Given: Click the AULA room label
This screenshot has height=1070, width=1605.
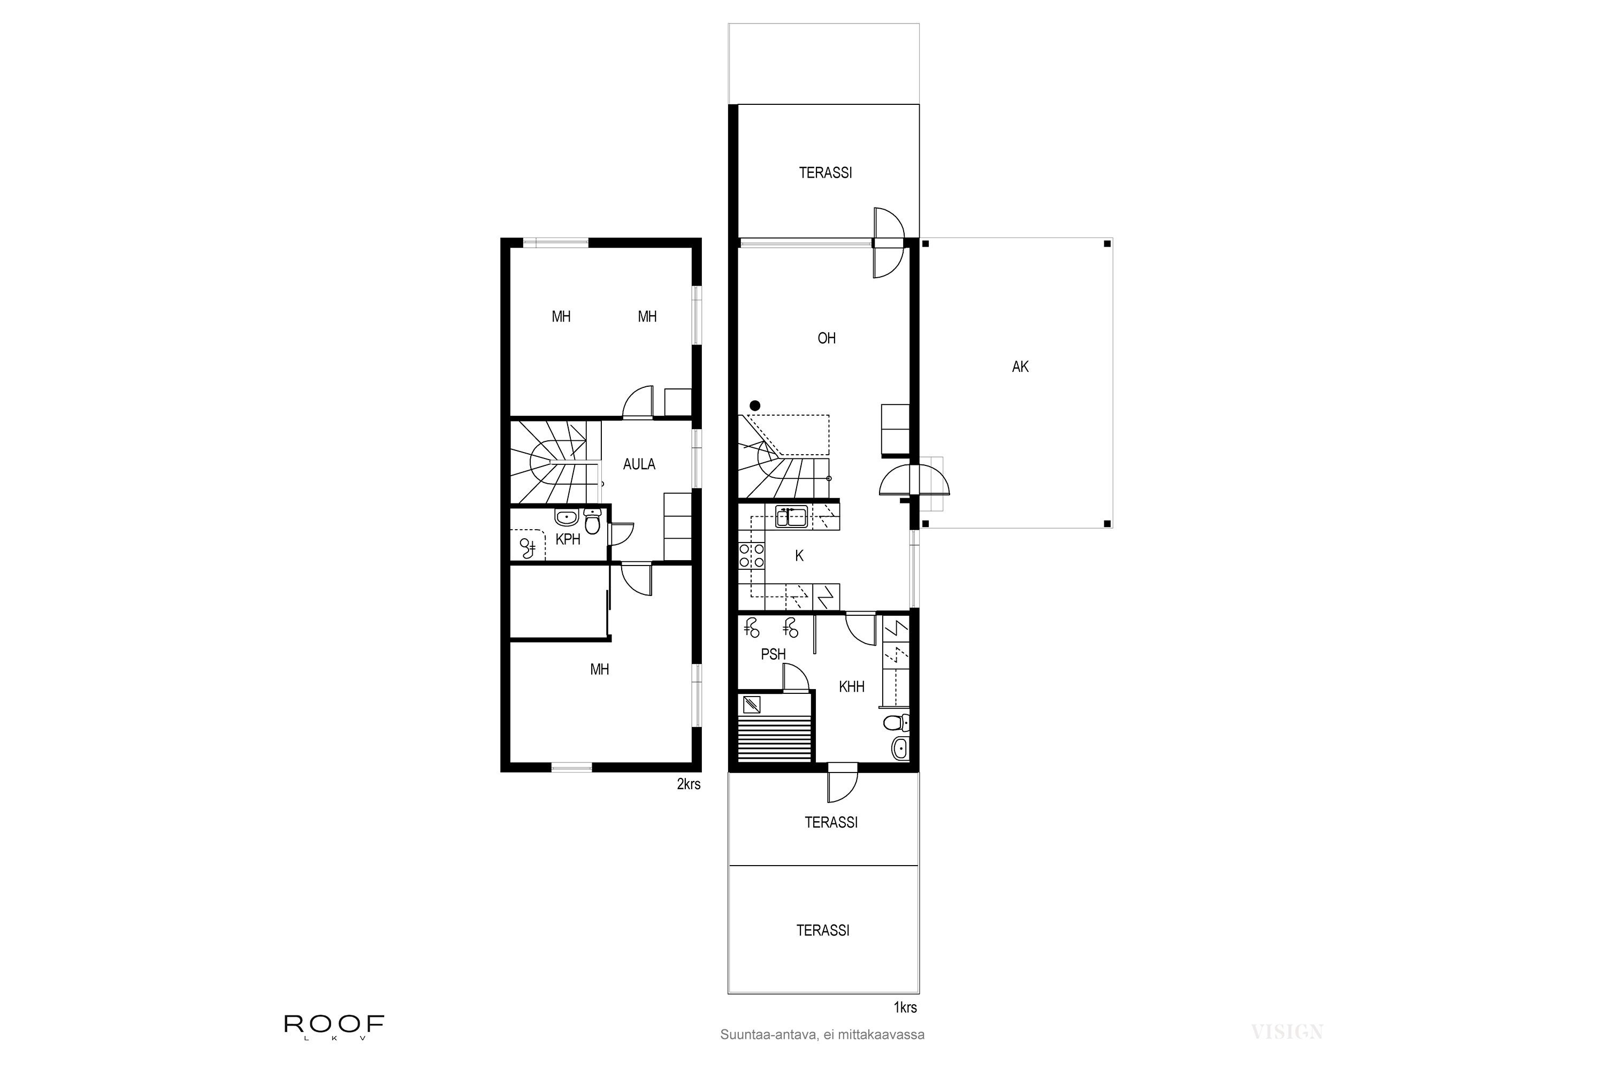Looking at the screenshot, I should [639, 464].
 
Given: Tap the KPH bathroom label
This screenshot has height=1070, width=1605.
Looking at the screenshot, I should [568, 539].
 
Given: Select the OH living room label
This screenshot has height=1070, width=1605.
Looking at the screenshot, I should [827, 338].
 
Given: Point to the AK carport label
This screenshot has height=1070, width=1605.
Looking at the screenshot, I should [1020, 366].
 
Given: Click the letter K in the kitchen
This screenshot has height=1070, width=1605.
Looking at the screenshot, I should [799, 556].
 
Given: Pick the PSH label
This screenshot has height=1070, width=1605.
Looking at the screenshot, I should [773, 654].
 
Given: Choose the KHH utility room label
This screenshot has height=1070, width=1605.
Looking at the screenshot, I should [852, 686].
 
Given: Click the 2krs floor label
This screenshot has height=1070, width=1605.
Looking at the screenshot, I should [689, 784].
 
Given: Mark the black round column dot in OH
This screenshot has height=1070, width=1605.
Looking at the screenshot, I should [755, 406].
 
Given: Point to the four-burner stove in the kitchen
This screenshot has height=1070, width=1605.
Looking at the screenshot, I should [751, 555].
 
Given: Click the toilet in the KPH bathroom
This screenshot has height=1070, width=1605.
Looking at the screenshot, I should [592, 522].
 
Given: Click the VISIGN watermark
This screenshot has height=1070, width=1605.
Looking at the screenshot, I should [1287, 1032].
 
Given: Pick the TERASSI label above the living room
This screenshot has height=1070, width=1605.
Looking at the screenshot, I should [825, 173].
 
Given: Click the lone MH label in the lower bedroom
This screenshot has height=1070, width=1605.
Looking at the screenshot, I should [599, 669].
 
